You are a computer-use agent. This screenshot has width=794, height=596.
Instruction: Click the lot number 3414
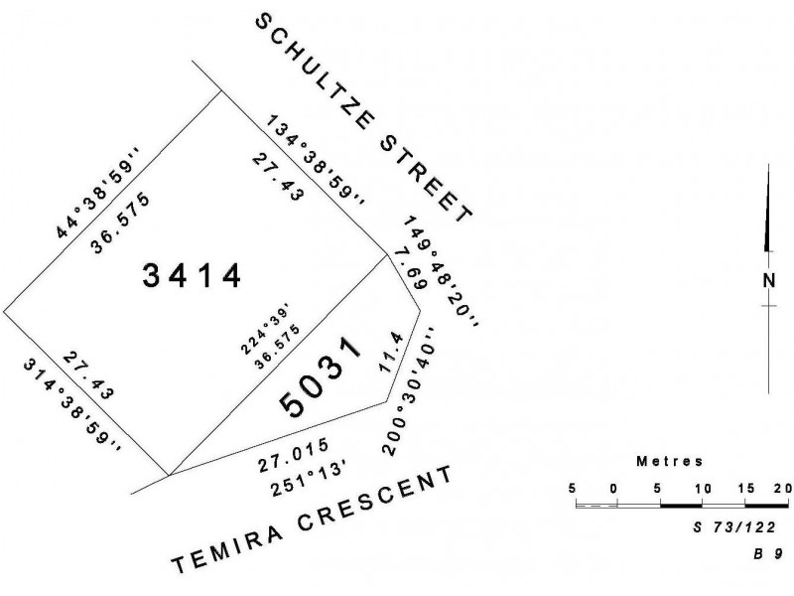tap(192, 276)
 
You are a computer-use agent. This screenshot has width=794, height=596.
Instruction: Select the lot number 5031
tap(321, 376)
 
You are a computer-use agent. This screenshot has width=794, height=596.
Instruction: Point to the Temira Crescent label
tap(313, 520)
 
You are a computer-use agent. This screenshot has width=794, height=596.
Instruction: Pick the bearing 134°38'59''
tap(315, 161)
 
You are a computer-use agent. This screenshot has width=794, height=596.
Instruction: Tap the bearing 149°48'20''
tap(442, 271)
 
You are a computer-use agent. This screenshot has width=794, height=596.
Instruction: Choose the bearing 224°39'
tap(264, 329)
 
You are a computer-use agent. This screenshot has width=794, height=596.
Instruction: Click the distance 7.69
tap(409, 268)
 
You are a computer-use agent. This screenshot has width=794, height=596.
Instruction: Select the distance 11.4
tap(391, 353)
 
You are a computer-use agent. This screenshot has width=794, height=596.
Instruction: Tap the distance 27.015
tap(294, 455)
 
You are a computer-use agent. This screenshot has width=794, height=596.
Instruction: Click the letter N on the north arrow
tap(769, 280)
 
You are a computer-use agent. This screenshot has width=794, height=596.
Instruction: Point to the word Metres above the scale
tap(669, 461)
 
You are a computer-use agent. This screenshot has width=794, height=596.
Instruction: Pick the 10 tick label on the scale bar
tap(703, 489)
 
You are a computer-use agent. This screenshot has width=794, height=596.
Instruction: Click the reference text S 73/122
tap(734, 527)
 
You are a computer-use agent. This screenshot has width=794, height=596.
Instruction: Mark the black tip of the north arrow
tap(768, 164)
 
